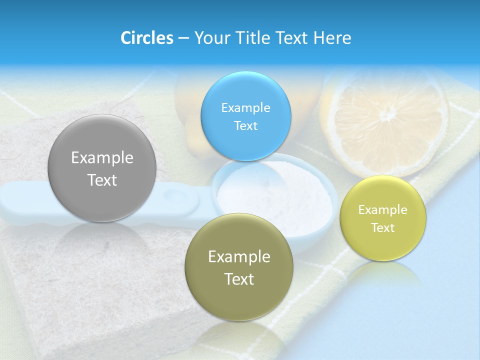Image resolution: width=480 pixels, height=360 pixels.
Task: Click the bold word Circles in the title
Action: (x=146, y=38)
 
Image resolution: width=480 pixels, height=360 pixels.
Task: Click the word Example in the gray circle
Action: (x=102, y=158)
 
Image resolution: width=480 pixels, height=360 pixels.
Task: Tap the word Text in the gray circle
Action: (x=102, y=180)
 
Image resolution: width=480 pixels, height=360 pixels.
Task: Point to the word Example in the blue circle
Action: (x=245, y=108)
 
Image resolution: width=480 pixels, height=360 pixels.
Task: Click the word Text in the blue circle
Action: (x=245, y=125)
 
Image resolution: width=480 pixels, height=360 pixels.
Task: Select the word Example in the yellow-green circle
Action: (x=383, y=210)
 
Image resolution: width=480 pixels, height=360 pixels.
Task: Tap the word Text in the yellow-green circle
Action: (x=383, y=227)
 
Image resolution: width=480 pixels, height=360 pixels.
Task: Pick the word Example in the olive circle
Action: (x=239, y=257)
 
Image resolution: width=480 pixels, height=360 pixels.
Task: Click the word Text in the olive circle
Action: (x=239, y=279)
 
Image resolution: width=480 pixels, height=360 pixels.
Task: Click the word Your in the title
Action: (x=210, y=38)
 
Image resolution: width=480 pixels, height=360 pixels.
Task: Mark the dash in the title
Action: (x=183, y=38)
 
